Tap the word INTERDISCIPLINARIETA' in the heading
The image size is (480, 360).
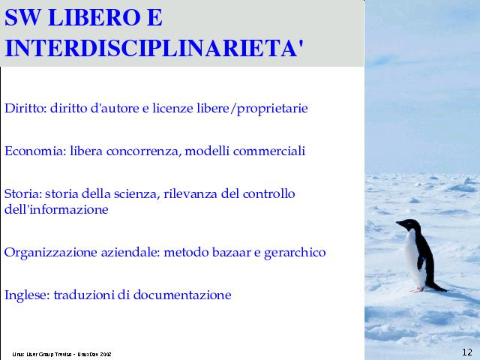(x=154, y=48)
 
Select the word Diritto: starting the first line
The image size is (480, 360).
(x=25, y=108)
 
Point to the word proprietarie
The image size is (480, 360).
(x=272, y=109)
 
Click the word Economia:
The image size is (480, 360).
(x=35, y=151)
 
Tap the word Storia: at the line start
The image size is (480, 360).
(x=23, y=193)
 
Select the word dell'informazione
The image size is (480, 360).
(x=56, y=209)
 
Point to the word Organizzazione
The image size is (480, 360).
(x=51, y=253)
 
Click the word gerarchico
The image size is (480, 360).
(x=295, y=253)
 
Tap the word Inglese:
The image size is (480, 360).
(x=27, y=295)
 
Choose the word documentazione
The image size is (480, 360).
(x=182, y=295)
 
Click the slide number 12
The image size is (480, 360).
(x=466, y=352)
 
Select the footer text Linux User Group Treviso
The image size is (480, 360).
(x=42, y=354)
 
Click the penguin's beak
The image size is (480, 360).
(x=399, y=223)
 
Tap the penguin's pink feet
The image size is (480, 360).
(x=417, y=289)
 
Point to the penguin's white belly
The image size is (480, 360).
(x=413, y=257)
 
